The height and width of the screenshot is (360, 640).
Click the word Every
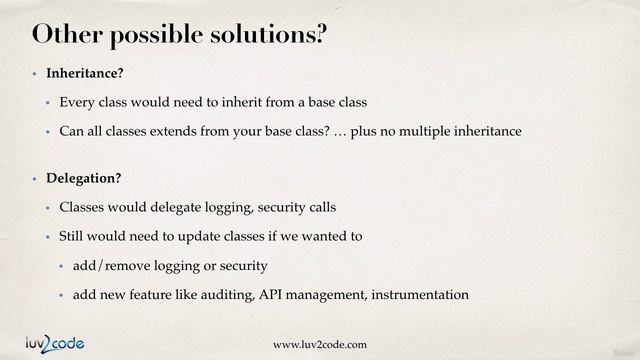click(x=76, y=103)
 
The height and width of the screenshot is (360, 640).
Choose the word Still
click(x=74, y=237)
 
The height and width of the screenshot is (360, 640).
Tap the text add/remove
click(x=111, y=266)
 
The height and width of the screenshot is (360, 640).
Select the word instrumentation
click(x=417, y=295)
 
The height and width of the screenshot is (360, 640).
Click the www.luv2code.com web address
click(x=320, y=345)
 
